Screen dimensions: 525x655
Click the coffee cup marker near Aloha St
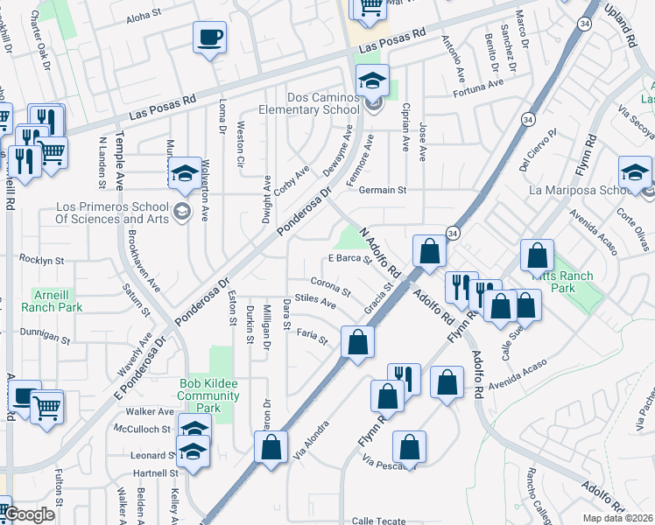(209, 38)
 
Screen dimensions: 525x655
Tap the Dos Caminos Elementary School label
(321, 104)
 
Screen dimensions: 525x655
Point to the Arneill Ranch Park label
(58, 300)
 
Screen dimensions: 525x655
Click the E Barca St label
(350, 258)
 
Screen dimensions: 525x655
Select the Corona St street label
(331, 285)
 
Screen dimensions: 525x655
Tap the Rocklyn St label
(42, 261)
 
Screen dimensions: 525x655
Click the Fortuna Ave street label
(478, 87)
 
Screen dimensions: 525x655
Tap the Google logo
(29, 514)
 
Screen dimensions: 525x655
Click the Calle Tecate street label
(379, 521)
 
